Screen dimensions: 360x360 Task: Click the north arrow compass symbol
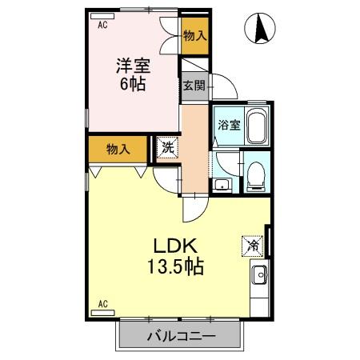coord(262,30)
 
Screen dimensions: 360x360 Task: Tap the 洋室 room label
coord(132,66)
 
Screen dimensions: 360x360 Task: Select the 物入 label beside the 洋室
coord(194,35)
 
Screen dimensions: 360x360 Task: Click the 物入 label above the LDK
coord(118,148)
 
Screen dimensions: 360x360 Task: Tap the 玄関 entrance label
coord(194,86)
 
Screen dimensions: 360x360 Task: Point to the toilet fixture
coord(255,175)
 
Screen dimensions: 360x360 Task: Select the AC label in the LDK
coord(102,304)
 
